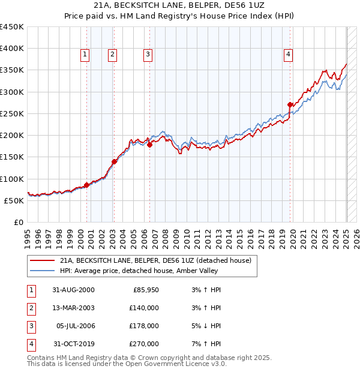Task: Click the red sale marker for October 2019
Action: click(x=290, y=104)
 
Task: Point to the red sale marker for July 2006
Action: click(x=149, y=145)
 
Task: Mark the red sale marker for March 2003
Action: click(x=114, y=161)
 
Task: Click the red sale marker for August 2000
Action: click(x=87, y=185)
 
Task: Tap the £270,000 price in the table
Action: click(x=145, y=344)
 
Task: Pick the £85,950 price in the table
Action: click(x=146, y=290)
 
